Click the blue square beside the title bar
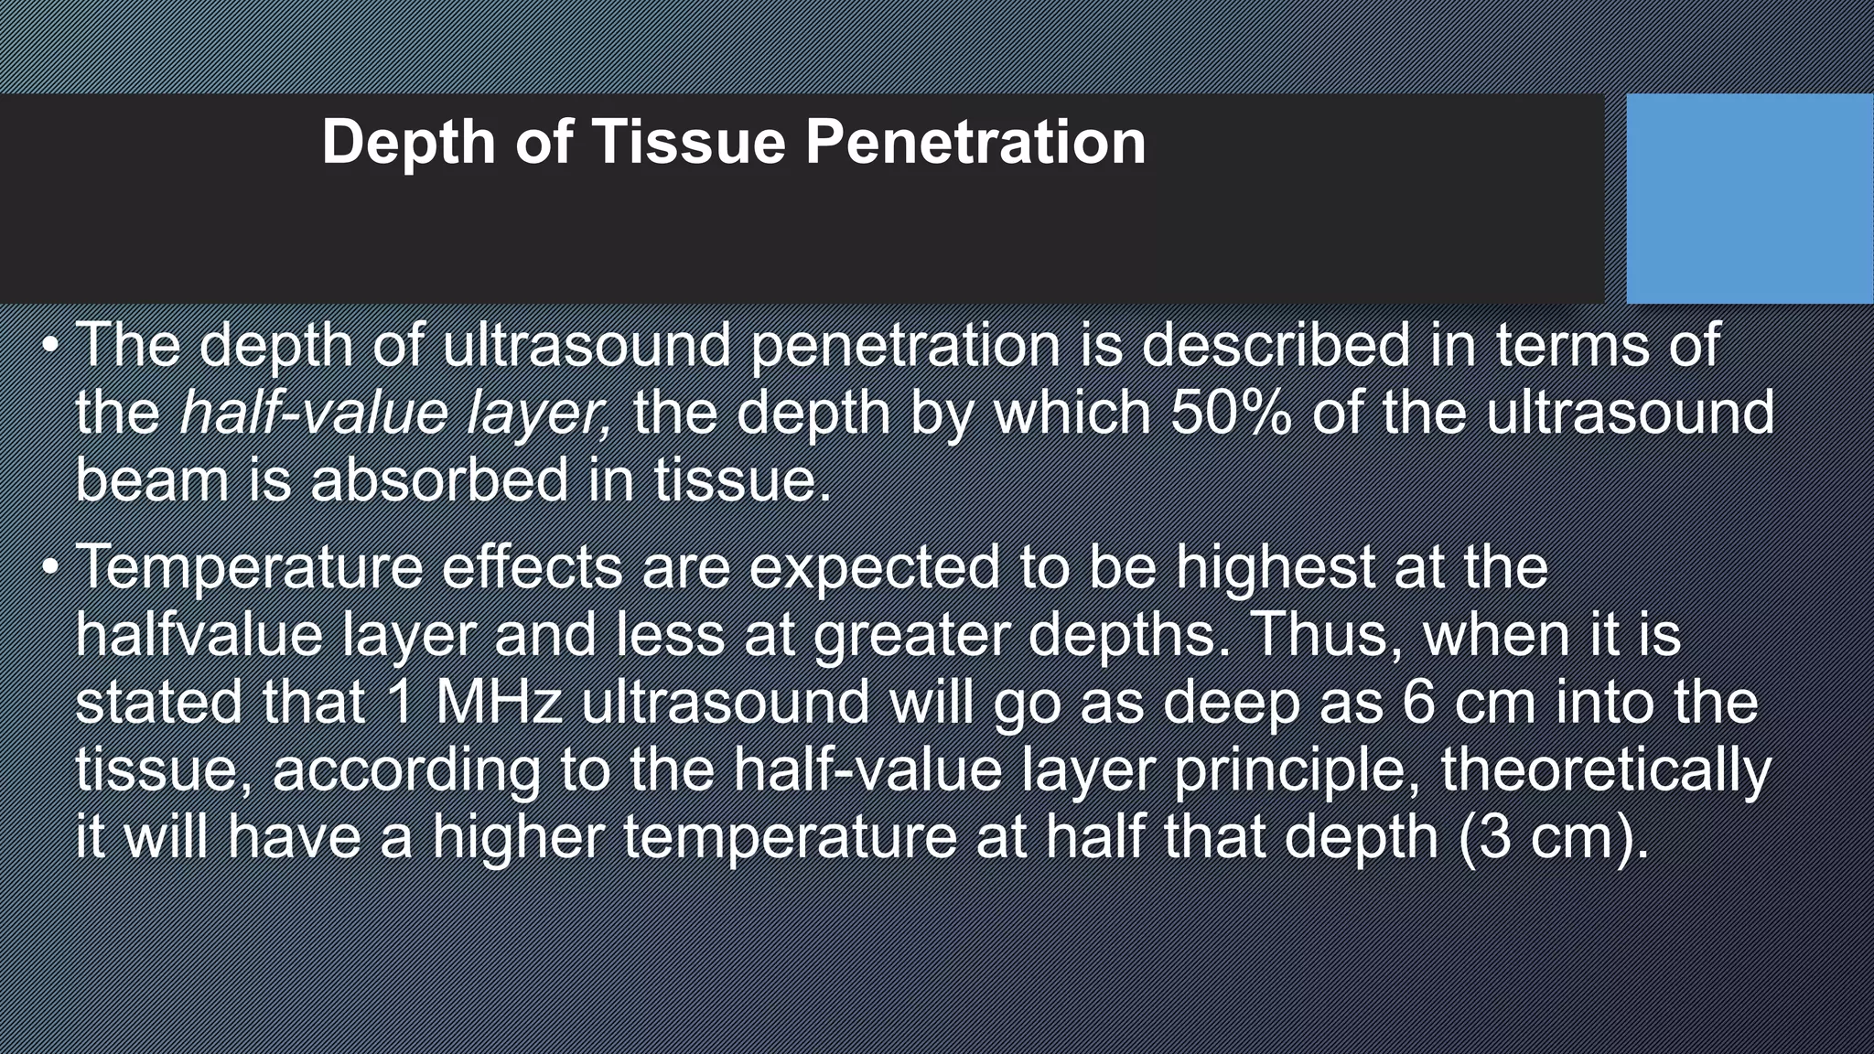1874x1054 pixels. [1749, 199]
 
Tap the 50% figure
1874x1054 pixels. [1232, 413]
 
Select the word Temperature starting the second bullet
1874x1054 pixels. [249, 568]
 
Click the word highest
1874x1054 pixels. [1275, 568]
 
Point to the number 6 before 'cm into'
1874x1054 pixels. [1417, 703]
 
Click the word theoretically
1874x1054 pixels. [1606, 769]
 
